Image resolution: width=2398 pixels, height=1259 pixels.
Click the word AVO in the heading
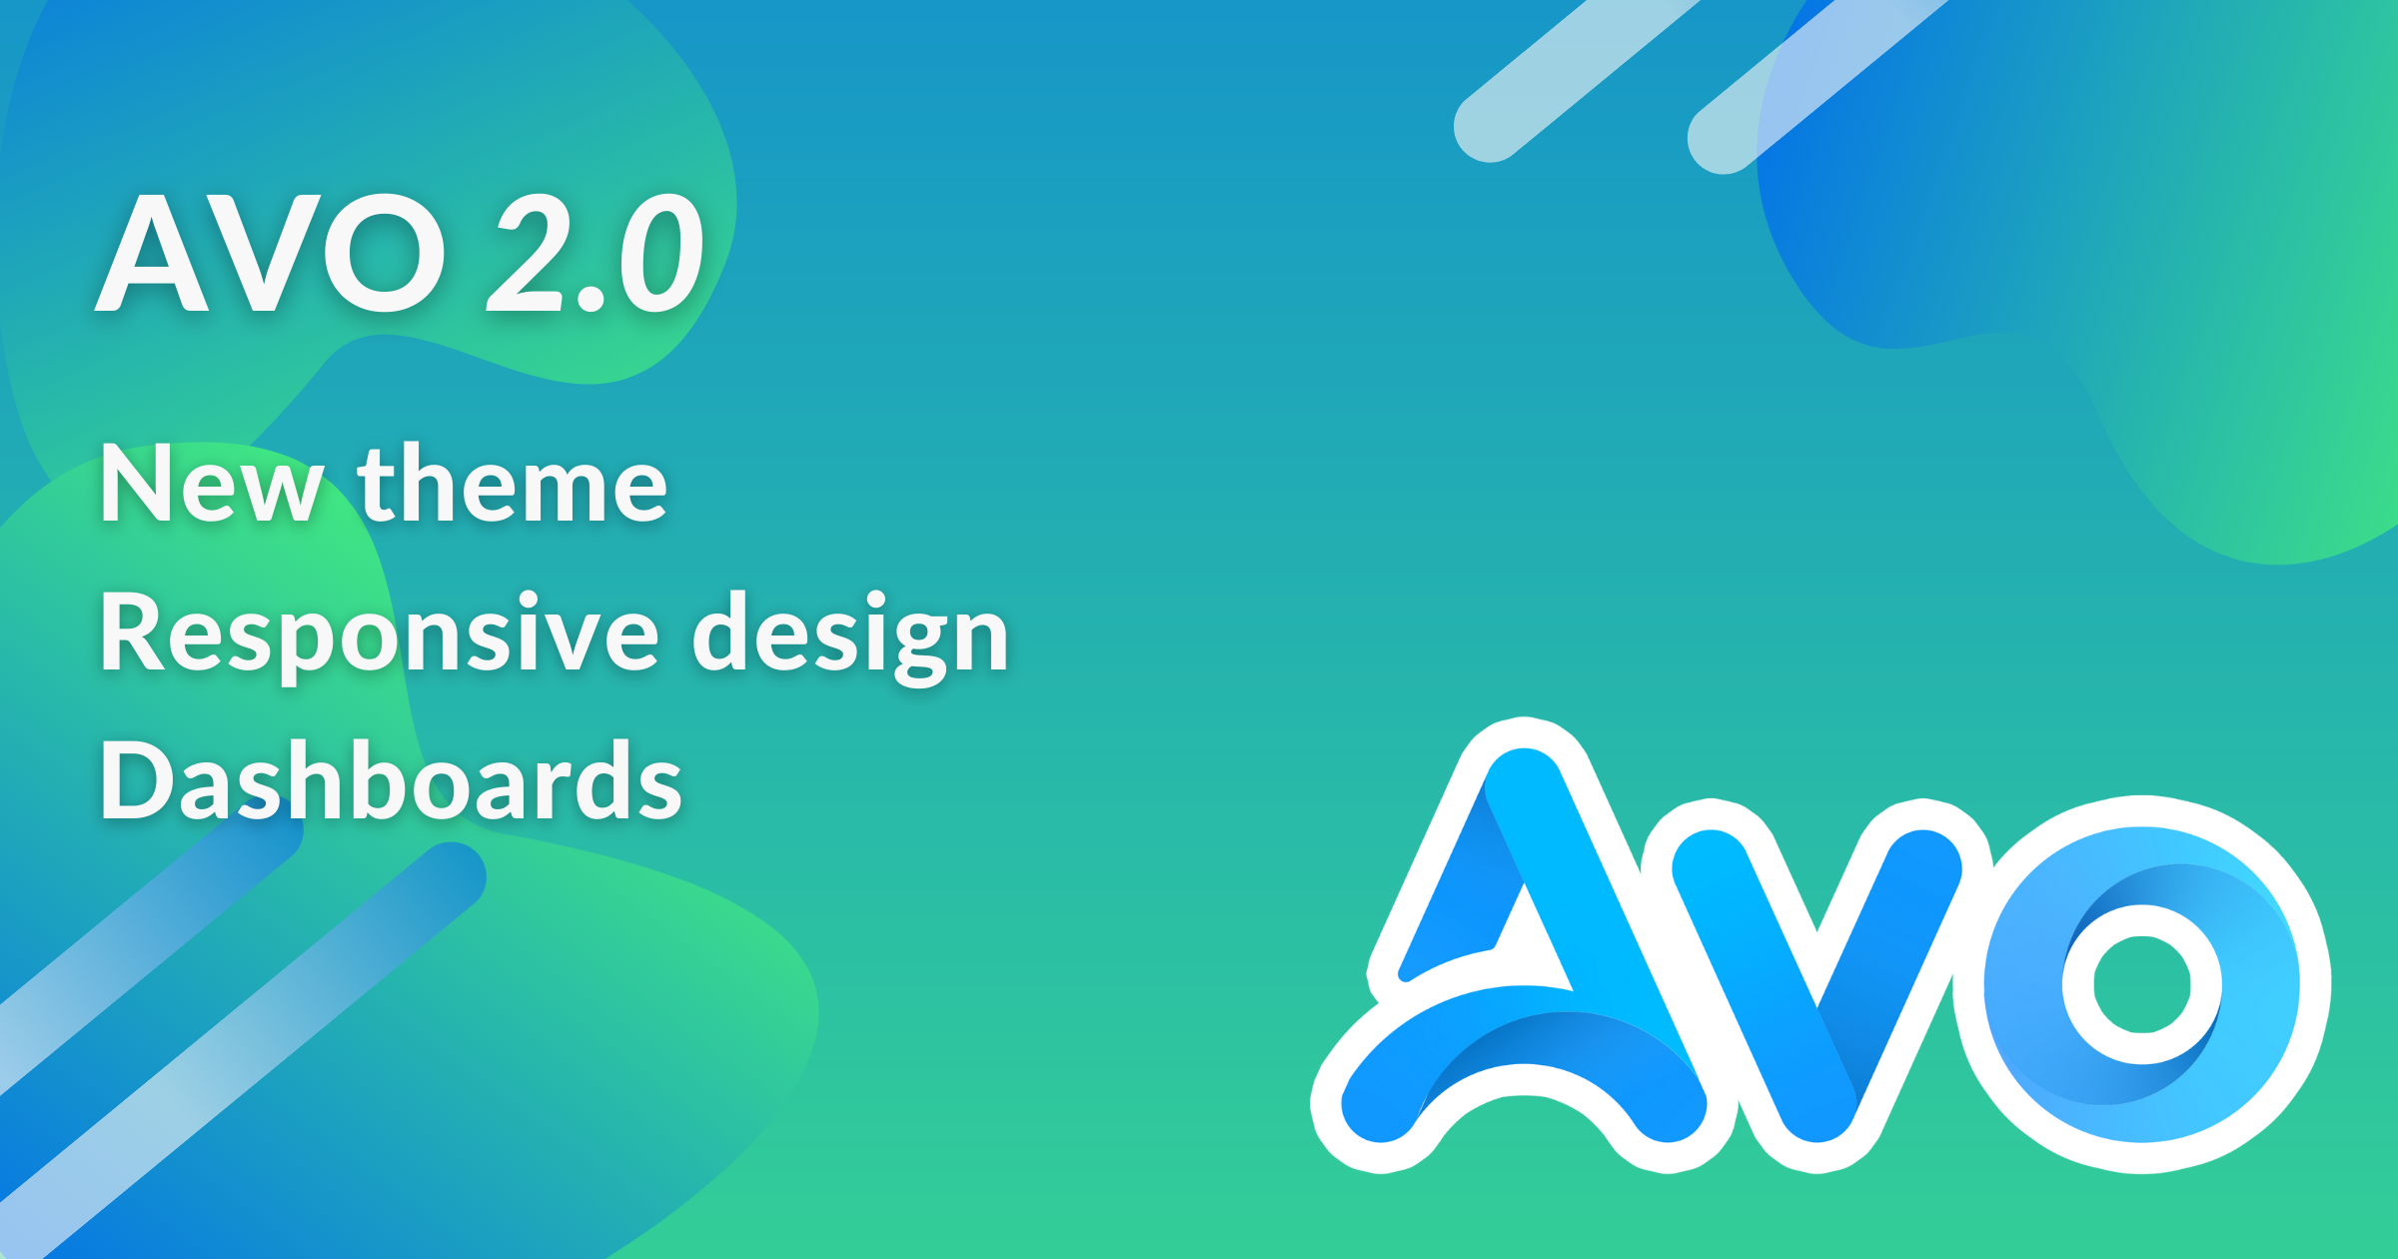click(x=270, y=252)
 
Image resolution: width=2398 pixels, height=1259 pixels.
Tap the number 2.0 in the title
click(x=596, y=252)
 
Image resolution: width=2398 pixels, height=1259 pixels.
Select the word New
click(x=213, y=484)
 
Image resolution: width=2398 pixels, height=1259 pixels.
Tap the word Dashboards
click(x=391, y=779)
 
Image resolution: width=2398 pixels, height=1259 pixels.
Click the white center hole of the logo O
click(x=2142, y=984)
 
